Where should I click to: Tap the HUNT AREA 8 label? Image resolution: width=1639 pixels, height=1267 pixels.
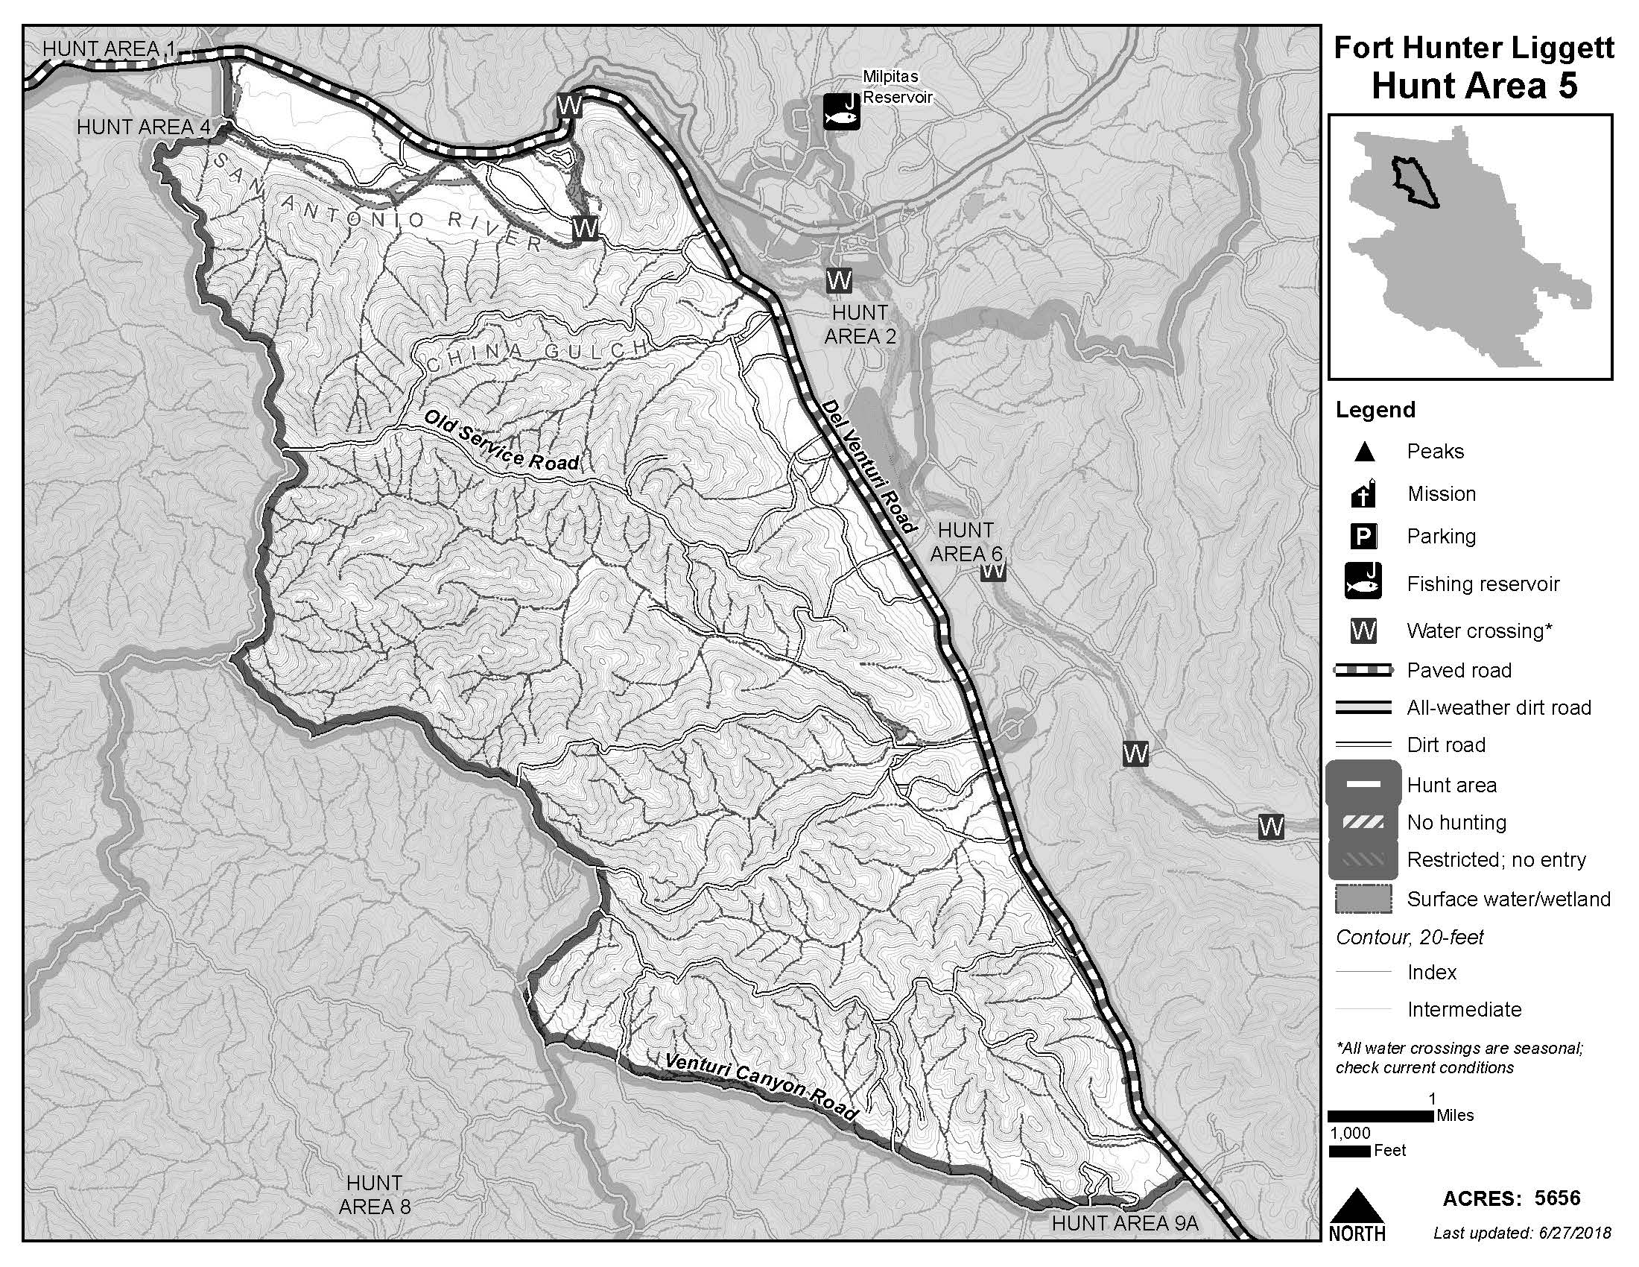click(x=374, y=1195)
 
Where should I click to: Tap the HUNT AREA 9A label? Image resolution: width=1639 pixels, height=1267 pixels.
click(x=1124, y=1224)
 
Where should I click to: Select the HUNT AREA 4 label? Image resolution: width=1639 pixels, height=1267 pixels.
click(x=143, y=127)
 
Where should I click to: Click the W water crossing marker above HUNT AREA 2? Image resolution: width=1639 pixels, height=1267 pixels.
click(x=838, y=281)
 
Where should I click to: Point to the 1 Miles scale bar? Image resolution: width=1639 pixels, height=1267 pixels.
click(x=1380, y=1116)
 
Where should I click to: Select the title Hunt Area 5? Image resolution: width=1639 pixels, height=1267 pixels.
click(x=1473, y=86)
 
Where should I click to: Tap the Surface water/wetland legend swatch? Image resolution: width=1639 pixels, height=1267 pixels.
click(x=1363, y=900)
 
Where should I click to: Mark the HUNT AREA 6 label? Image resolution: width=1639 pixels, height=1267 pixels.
click(x=966, y=542)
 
